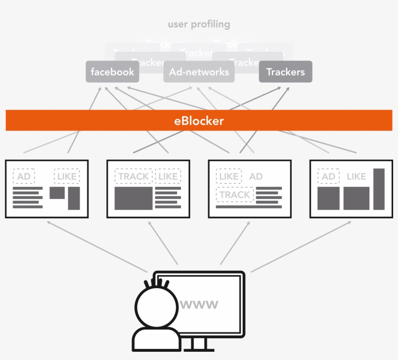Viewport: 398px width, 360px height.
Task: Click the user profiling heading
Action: [x=199, y=24]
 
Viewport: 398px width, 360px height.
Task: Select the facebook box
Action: [x=113, y=72]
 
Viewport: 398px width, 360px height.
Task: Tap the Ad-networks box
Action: [x=199, y=72]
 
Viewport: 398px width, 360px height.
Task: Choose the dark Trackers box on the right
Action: [x=285, y=72]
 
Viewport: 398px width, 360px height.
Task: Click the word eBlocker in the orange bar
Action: [x=199, y=121]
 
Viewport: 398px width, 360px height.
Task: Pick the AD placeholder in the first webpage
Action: [x=24, y=177]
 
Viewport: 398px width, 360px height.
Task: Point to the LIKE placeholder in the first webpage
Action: [x=67, y=177]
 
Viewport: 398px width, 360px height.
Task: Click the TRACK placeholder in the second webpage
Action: [x=133, y=177]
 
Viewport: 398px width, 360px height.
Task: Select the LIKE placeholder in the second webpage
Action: [x=168, y=177]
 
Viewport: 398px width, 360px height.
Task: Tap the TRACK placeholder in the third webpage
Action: [x=235, y=195]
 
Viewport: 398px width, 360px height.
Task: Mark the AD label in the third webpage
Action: [x=256, y=177]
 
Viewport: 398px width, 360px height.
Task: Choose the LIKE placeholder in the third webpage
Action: [x=229, y=177]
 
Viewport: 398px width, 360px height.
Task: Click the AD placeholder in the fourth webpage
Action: [x=329, y=177]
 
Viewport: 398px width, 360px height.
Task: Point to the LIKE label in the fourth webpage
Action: [x=356, y=177]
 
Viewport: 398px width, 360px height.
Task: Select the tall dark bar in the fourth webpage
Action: [x=379, y=189]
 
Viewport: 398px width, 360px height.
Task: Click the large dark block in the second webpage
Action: [x=133, y=198]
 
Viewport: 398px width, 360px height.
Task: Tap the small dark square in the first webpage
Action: [x=57, y=193]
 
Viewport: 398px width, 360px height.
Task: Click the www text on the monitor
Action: [x=199, y=305]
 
